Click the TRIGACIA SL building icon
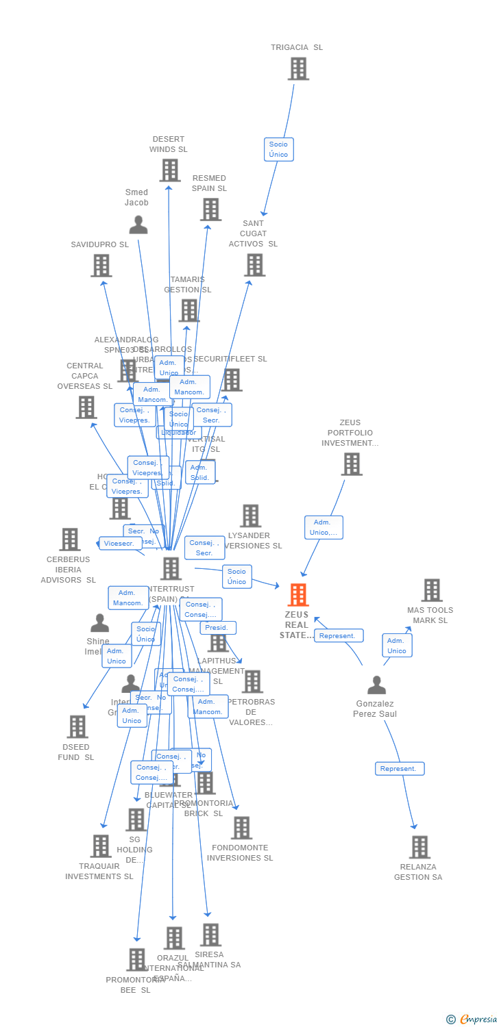[x=298, y=68]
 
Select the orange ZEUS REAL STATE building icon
[x=297, y=594]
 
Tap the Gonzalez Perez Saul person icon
[x=376, y=685]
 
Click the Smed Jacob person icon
[x=138, y=225]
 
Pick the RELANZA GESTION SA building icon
[x=419, y=847]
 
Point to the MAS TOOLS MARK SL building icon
[x=432, y=590]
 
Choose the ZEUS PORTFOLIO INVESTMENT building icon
[x=352, y=464]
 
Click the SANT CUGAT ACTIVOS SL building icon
[x=254, y=265]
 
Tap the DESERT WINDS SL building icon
[x=169, y=170]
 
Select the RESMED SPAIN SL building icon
[x=210, y=210]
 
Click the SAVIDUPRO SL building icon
[x=101, y=266]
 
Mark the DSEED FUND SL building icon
[x=77, y=726]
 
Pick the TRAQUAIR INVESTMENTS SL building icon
[x=101, y=846]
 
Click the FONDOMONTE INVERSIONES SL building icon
[x=241, y=828]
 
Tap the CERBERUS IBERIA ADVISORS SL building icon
[x=69, y=540]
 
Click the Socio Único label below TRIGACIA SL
[x=278, y=149]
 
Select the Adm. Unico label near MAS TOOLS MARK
[x=397, y=646]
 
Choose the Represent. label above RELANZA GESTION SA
[x=399, y=769]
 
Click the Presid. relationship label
[x=217, y=628]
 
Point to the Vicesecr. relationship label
[x=120, y=544]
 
